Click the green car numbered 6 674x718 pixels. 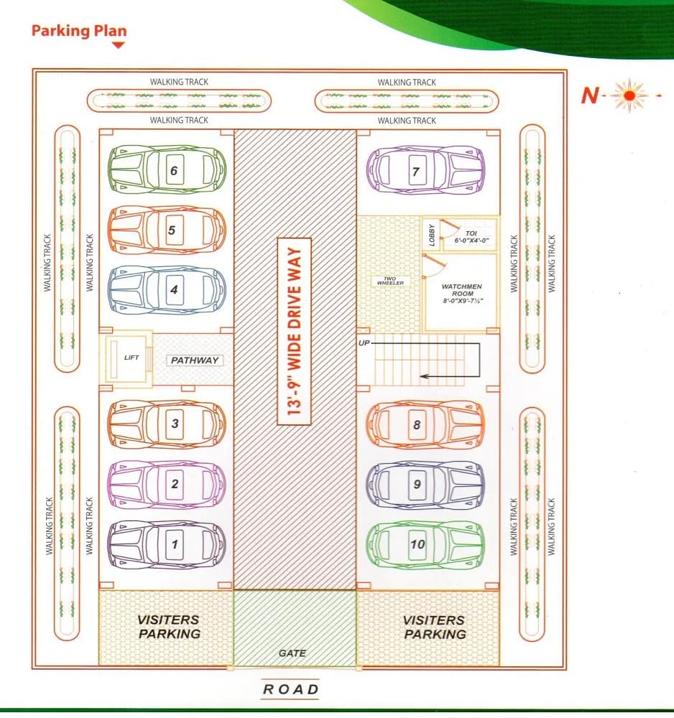tap(167, 169)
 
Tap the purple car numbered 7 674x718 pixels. tap(425, 170)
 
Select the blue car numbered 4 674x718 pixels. tap(167, 290)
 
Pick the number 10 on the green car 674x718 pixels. tap(417, 544)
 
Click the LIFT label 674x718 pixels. tap(131, 357)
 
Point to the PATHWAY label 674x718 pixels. tap(195, 360)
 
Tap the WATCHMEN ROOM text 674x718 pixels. tap(462, 290)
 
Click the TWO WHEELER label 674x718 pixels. tap(390, 281)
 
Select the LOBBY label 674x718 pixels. tap(432, 235)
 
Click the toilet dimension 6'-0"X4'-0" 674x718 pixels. tap(471, 241)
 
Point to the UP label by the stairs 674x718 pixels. tap(364, 343)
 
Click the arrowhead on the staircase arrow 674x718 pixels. tap(424, 376)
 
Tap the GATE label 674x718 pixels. tap(292, 653)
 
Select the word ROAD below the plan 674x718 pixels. tap(291, 689)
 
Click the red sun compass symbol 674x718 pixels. tap(629, 95)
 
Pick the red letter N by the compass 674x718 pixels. tap(590, 95)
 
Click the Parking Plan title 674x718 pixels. tap(79, 31)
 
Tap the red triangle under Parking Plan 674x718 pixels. tap(119, 45)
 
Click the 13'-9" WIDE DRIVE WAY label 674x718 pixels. tap(295, 332)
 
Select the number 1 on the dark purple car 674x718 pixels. tap(175, 544)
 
